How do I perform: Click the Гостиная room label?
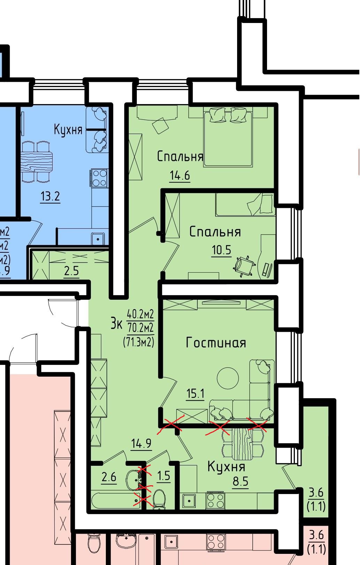pyautogui.click(x=216, y=343)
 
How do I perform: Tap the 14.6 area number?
pyautogui.click(x=180, y=175)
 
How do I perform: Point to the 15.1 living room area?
pyautogui.click(x=195, y=393)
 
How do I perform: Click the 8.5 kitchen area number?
pyautogui.click(x=241, y=481)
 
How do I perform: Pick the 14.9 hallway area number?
pyautogui.click(x=141, y=443)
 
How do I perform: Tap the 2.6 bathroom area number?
pyautogui.click(x=109, y=477)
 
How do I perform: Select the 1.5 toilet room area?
pyautogui.click(x=164, y=476)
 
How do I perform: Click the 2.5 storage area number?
pyautogui.click(x=71, y=271)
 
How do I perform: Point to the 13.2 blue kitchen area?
pyautogui.click(x=50, y=196)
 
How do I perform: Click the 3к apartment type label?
pyautogui.click(x=116, y=324)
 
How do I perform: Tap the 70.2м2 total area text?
pyautogui.click(x=141, y=328)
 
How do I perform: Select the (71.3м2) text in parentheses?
pyautogui.click(x=139, y=342)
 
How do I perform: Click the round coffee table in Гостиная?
pyautogui.click(x=228, y=378)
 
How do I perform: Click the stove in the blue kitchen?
pyautogui.click(x=99, y=178)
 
